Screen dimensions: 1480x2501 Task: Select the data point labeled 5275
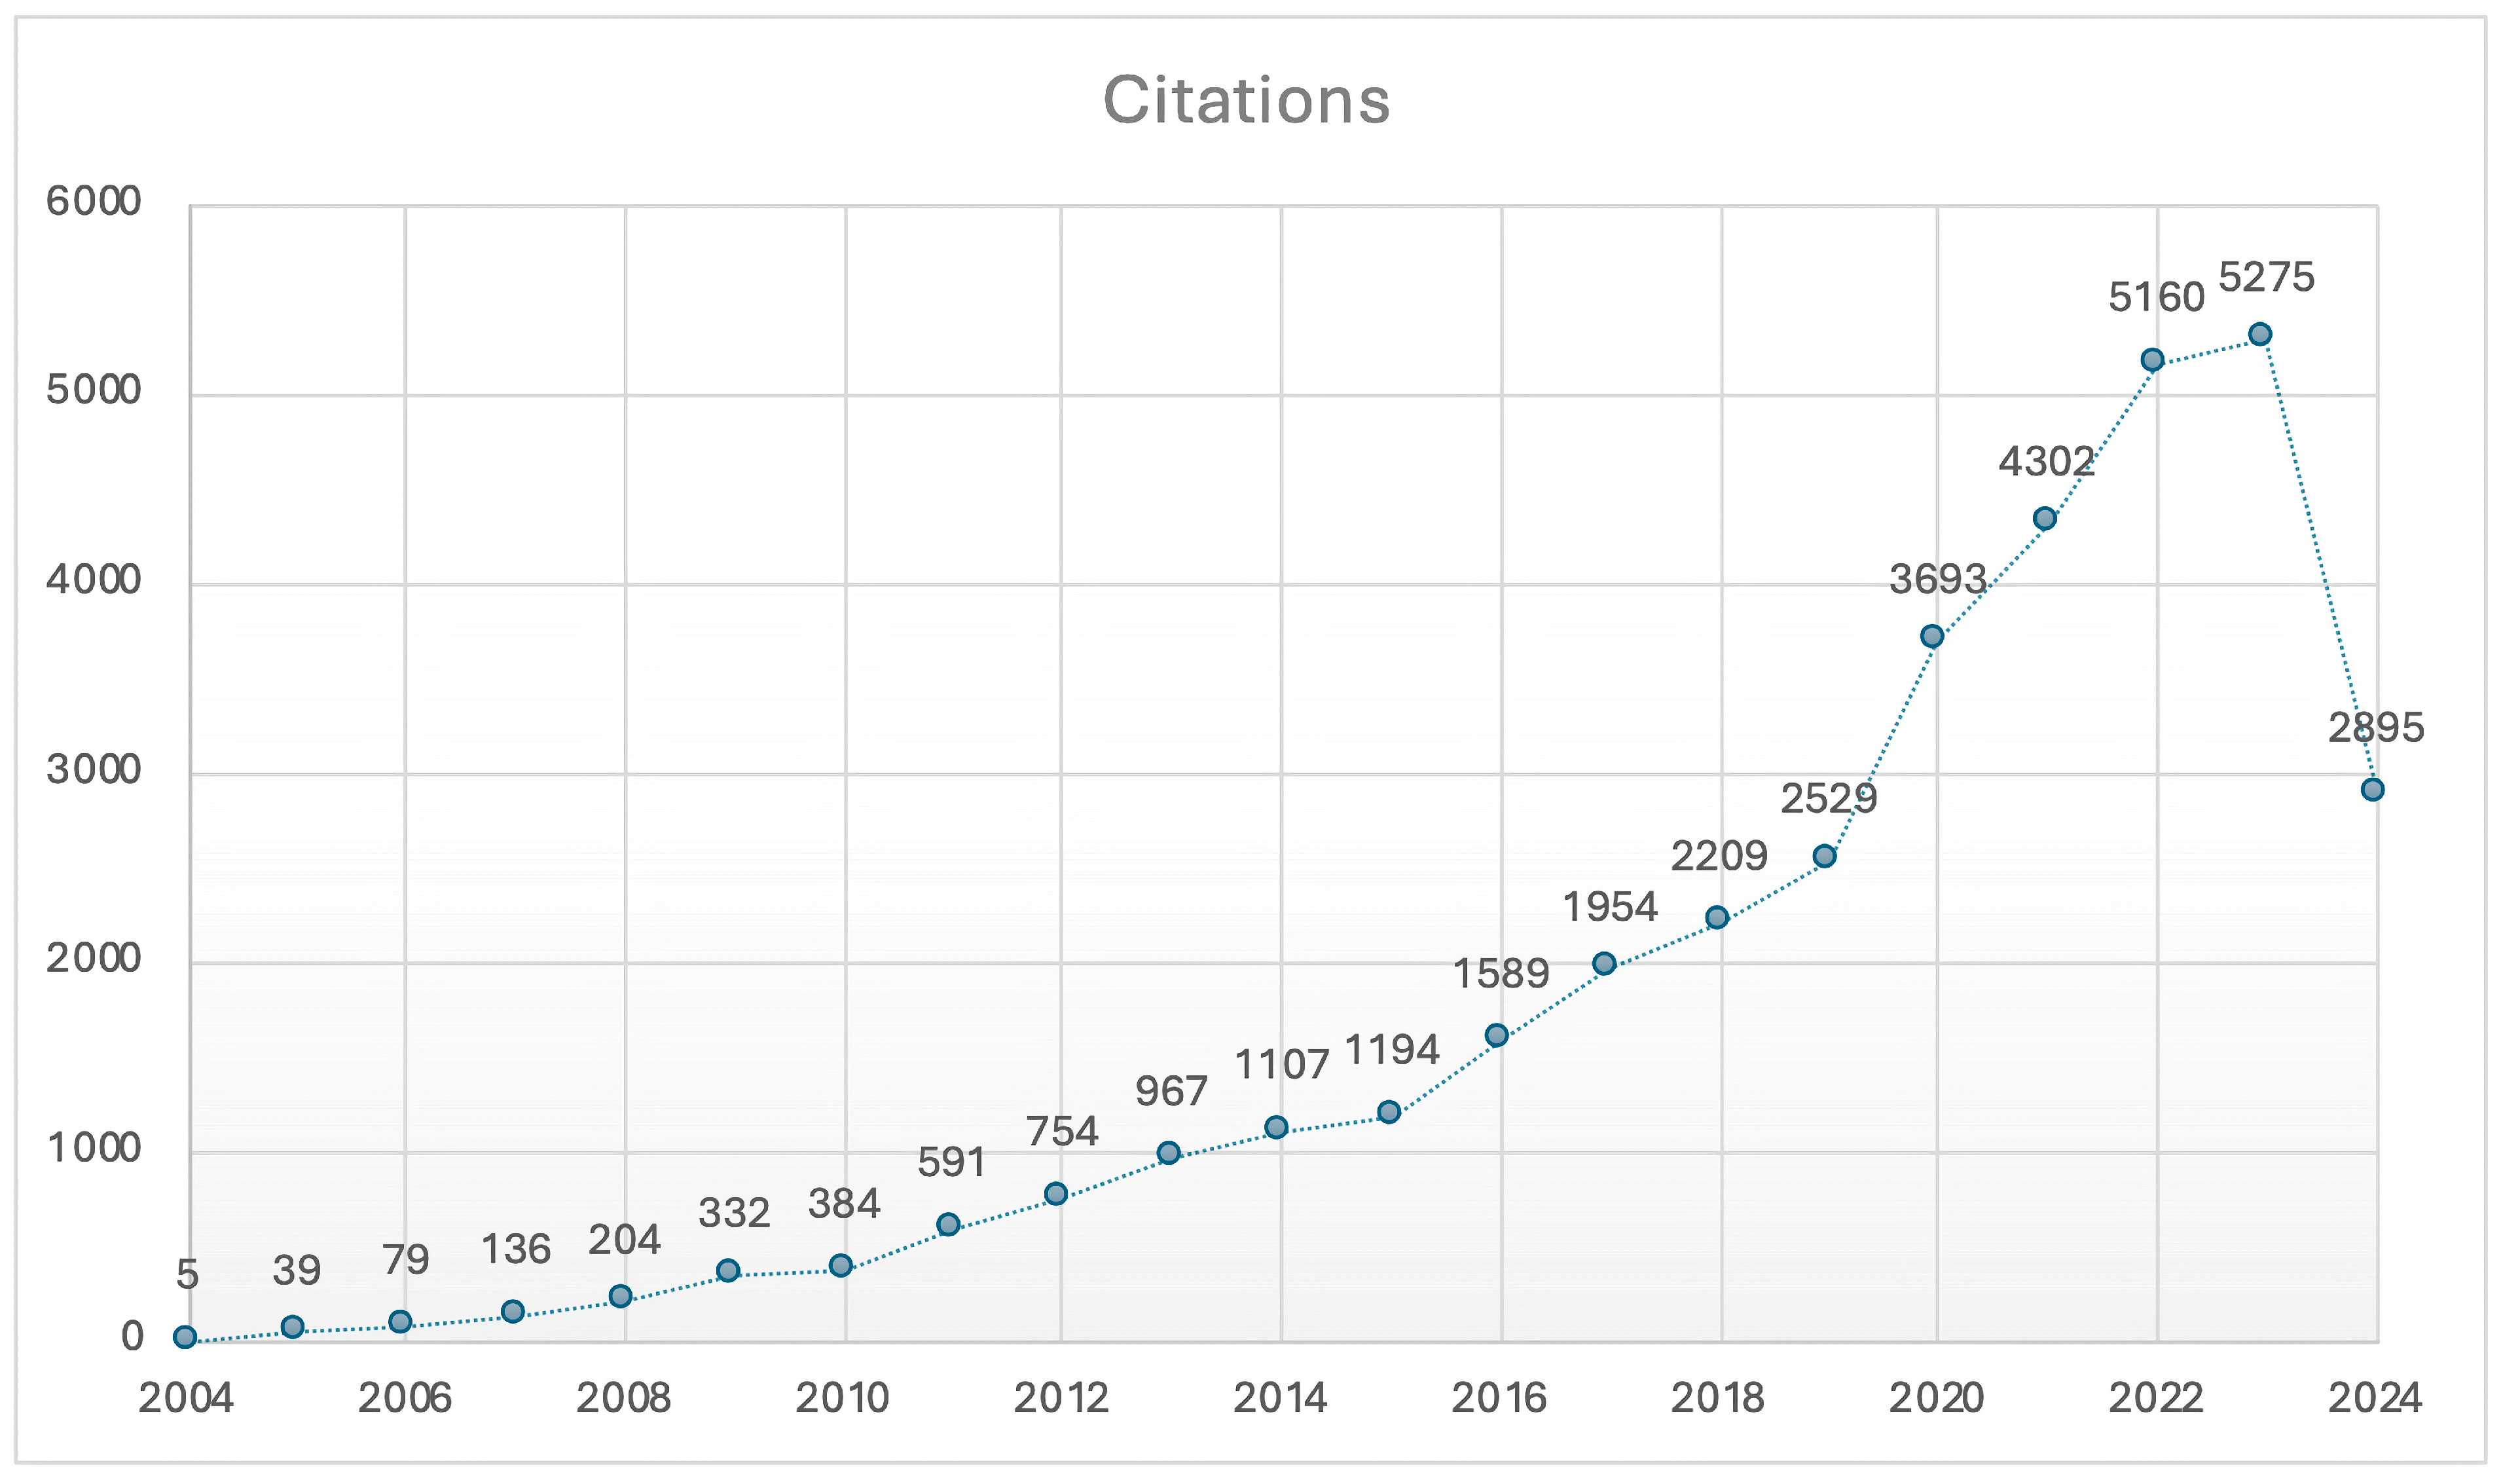tap(2260, 334)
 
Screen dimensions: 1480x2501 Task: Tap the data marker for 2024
tap(2373, 790)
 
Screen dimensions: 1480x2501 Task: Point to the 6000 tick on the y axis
tap(94, 202)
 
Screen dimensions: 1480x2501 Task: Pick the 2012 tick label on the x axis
tap(1061, 1398)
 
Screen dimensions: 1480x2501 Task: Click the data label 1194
tap(1391, 1050)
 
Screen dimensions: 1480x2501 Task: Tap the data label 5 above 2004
tap(187, 1274)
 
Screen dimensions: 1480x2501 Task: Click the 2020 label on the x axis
tap(1936, 1398)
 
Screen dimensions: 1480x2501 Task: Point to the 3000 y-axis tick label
tap(94, 770)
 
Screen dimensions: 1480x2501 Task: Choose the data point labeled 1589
tap(1496, 1035)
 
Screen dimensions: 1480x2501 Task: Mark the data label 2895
tap(2375, 728)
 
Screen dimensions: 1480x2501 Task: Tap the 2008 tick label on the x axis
tap(623, 1398)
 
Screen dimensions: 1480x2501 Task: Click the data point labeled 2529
tap(1824, 856)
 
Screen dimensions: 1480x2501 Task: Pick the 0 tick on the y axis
tap(132, 1337)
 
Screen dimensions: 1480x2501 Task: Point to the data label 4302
tap(2045, 462)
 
